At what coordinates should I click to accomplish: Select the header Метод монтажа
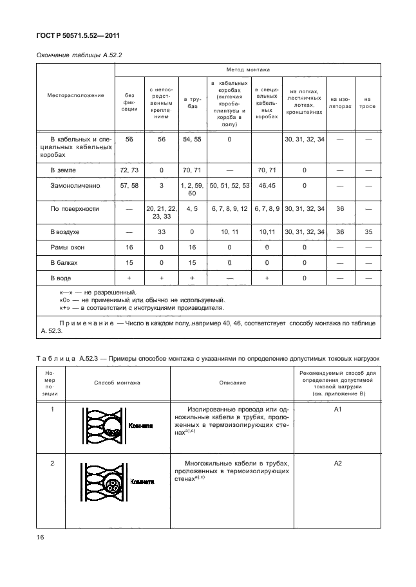click(248, 69)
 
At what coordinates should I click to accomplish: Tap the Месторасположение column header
click(75, 96)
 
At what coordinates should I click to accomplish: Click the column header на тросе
click(368, 103)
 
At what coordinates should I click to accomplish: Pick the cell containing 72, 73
click(130, 170)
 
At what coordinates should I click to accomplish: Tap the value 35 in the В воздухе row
click(368, 231)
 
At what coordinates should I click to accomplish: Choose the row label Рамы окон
click(68, 247)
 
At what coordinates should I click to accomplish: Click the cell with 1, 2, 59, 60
click(193, 189)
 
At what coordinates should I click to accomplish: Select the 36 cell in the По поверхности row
click(341, 208)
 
